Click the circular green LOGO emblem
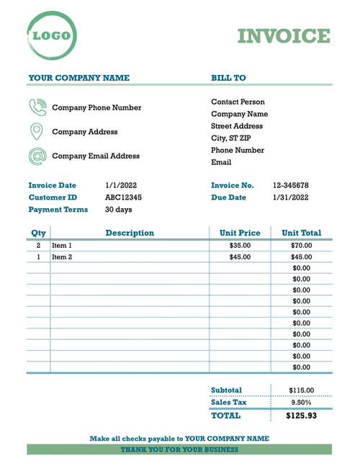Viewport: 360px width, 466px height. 51,35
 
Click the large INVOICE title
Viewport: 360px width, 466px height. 284,36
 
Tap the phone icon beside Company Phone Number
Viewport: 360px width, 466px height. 37,107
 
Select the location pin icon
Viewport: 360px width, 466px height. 37,132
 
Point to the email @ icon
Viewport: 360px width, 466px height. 37,156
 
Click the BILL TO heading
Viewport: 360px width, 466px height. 228,78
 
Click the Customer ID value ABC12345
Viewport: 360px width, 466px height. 123,197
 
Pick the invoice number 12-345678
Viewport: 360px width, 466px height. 291,185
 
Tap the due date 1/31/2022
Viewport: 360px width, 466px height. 291,197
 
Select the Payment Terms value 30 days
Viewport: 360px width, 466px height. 118,210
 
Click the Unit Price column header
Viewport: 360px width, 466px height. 240,233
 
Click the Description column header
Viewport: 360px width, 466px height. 130,233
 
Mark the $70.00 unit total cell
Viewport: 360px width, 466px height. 302,246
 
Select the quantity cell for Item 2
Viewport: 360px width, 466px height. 38,256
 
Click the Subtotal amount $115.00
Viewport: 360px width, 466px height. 301,390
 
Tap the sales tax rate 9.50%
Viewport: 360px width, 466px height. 301,403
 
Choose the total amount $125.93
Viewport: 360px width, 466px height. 301,416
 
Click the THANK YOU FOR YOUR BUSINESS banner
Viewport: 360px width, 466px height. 179,449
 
